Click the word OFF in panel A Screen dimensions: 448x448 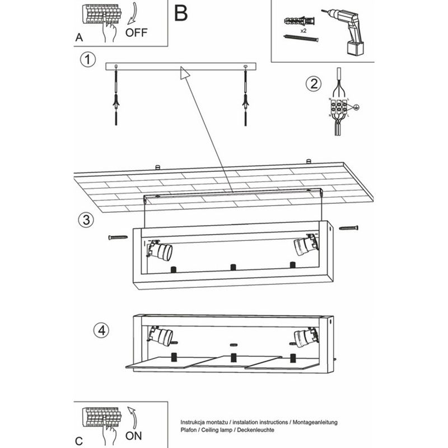137,32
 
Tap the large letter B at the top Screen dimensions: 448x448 181,12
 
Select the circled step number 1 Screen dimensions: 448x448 87,59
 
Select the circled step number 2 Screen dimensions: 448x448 313,84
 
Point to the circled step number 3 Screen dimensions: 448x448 85,220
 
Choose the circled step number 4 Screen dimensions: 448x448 101,330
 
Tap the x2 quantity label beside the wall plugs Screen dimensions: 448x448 303,31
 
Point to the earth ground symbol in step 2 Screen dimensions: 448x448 356,106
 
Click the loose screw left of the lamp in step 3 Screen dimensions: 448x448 119,237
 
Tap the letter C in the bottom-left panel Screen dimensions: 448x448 79,440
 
